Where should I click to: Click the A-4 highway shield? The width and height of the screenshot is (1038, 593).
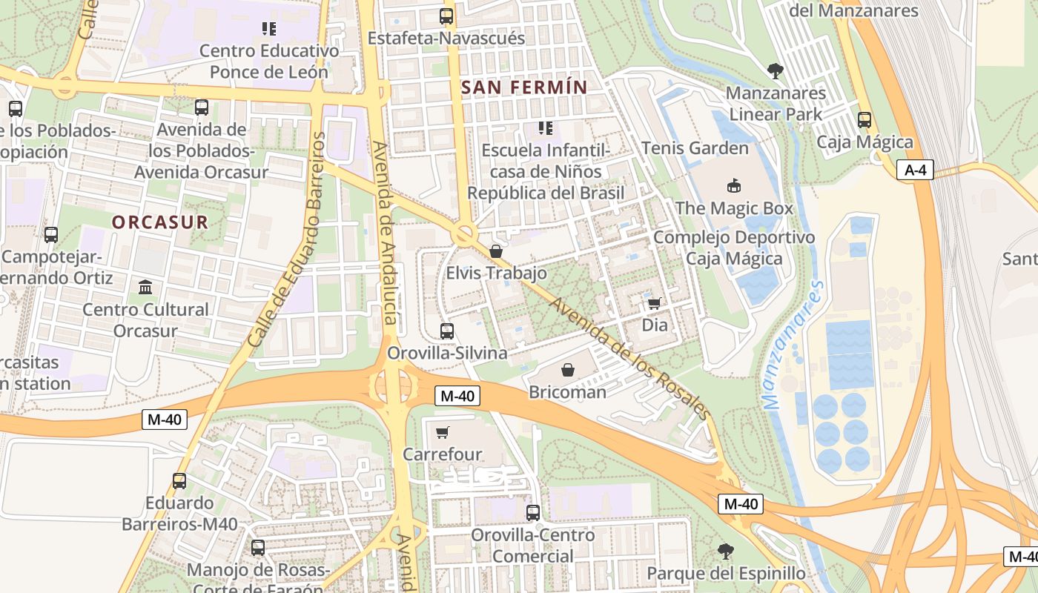916,170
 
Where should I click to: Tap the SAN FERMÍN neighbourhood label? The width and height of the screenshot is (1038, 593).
524,87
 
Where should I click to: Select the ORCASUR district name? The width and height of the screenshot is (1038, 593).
160,222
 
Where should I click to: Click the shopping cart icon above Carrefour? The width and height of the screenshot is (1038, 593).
443,432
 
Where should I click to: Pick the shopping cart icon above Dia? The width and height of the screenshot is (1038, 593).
654,303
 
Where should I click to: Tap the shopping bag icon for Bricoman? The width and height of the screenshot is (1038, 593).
568,369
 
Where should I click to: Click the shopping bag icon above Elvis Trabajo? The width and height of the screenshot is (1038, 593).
496,251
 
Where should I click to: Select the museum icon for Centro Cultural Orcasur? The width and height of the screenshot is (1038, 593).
145,287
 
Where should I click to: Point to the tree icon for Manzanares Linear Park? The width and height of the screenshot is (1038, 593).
776,71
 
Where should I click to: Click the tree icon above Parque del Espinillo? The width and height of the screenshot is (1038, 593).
726,551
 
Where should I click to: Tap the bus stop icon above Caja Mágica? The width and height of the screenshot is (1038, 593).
865,119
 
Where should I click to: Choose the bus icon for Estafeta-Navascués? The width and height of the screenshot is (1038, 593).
446,16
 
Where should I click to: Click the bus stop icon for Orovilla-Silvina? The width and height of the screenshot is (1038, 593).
447,331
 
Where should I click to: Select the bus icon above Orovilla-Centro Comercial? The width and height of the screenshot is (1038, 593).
533,512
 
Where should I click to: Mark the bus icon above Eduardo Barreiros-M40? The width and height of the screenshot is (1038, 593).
179,480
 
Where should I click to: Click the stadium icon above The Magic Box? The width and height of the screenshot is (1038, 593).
733,185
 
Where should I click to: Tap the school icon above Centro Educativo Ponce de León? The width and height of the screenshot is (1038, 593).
269,29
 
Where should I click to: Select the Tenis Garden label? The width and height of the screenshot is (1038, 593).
695,148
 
